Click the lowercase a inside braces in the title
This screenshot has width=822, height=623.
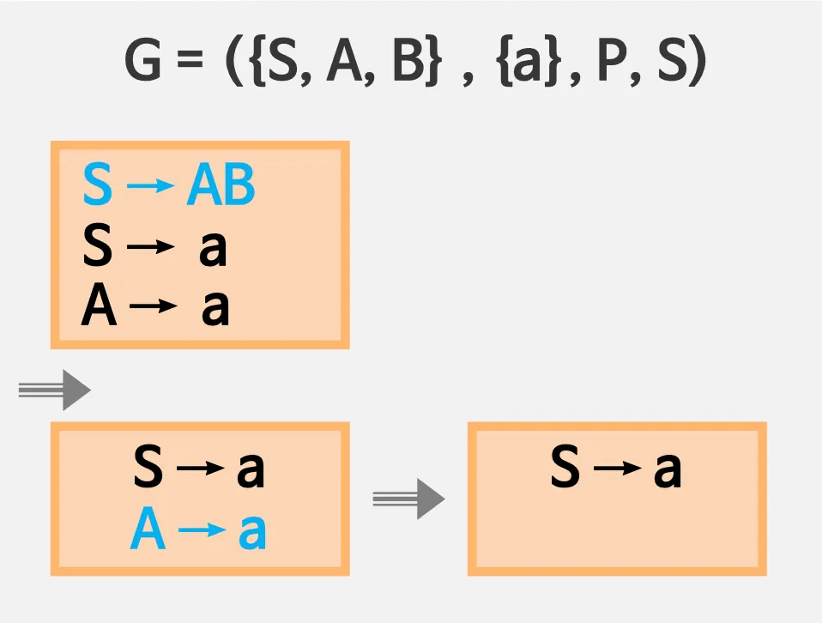tap(523, 62)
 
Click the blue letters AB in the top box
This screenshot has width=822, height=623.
tap(221, 184)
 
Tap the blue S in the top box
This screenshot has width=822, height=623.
tap(97, 184)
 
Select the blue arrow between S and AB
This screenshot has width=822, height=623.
tap(149, 186)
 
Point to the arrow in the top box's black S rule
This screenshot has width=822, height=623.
tap(149, 248)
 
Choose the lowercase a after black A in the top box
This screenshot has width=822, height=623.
tap(215, 308)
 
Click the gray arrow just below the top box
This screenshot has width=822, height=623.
tap(55, 391)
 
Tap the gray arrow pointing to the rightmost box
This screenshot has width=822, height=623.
tap(408, 499)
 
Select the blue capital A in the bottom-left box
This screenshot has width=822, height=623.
tap(148, 532)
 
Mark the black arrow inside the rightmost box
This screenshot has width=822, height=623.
tap(617, 469)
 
